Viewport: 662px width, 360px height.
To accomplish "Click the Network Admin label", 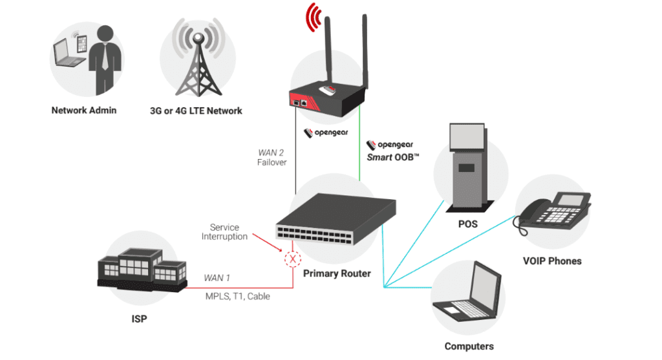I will click(x=84, y=111).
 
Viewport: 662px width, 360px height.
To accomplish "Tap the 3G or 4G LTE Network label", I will click(x=196, y=111).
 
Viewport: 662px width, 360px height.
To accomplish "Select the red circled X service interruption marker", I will click(x=294, y=259).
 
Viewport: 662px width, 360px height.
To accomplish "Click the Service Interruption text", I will click(x=224, y=232).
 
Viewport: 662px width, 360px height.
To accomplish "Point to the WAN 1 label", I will click(x=217, y=278).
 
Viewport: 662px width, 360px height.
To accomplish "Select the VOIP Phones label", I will click(x=551, y=261).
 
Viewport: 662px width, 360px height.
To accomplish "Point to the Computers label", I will click(x=469, y=346).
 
